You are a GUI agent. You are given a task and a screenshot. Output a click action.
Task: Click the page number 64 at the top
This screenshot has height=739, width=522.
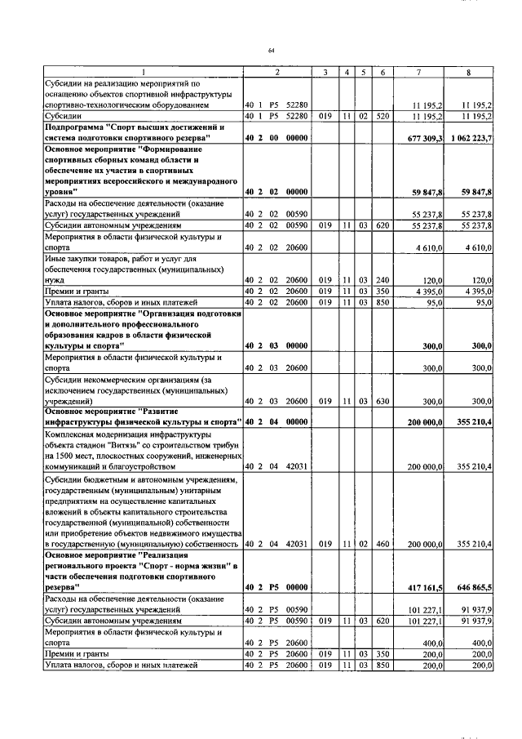[x=272, y=51]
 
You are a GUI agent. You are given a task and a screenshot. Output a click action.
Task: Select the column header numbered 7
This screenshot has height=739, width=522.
[x=418, y=73]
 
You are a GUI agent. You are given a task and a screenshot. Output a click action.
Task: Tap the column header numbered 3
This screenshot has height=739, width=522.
[x=325, y=73]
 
